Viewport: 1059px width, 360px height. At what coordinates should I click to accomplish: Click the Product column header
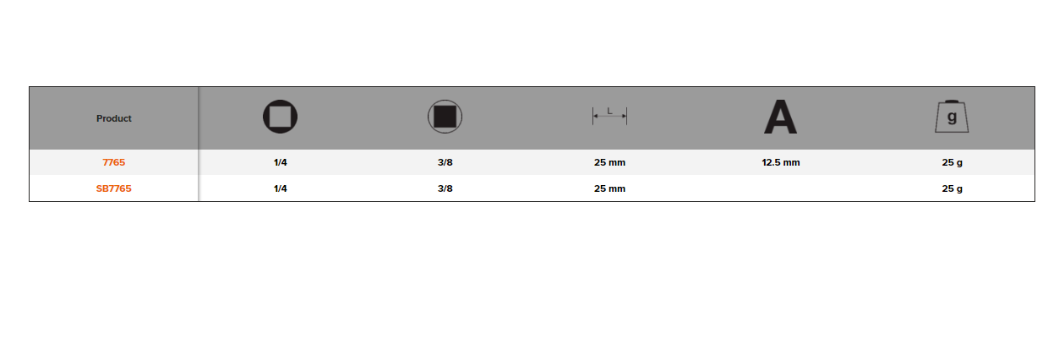coord(113,118)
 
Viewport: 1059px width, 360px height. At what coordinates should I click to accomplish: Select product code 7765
coord(113,162)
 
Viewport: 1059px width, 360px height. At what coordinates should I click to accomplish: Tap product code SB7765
coord(113,188)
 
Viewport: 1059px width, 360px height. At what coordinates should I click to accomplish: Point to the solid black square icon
coord(445,117)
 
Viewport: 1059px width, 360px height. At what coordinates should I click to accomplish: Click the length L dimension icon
coord(609,116)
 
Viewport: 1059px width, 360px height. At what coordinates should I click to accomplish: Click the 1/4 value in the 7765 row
coord(280,162)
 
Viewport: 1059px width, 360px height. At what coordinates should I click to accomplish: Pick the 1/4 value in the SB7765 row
coord(280,188)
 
